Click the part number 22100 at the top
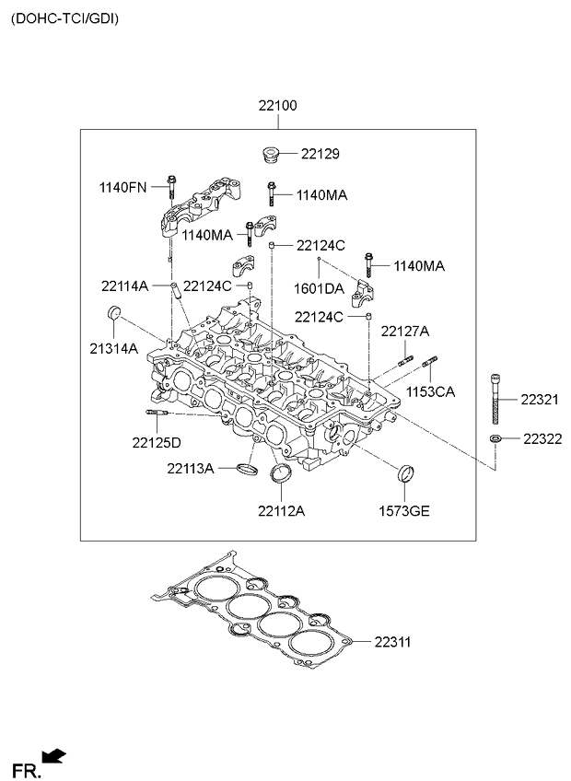pyautogui.click(x=277, y=106)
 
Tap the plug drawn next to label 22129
pyautogui.click(x=271, y=155)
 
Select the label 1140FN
pyautogui.click(x=123, y=187)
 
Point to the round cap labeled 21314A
pyautogui.click(x=114, y=313)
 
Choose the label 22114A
pyautogui.click(x=124, y=286)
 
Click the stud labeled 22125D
pyautogui.click(x=157, y=412)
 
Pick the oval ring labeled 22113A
pyautogui.click(x=247, y=469)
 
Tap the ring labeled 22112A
pyautogui.click(x=281, y=472)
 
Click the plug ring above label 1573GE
pyautogui.click(x=405, y=473)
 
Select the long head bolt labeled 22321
pyautogui.click(x=495, y=399)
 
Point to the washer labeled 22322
pyautogui.click(x=495, y=438)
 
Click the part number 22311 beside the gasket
pyautogui.click(x=392, y=642)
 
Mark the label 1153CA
pyautogui.click(x=430, y=392)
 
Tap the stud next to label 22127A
pyautogui.click(x=405, y=361)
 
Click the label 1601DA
pyautogui.click(x=319, y=289)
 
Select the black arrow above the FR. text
pyautogui.click(x=53, y=755)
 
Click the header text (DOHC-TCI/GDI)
pyautogui.click(x=64, y=19)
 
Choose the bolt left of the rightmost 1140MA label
pyautogui.click(x=368, y=265)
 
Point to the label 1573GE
pyautogui.click(x=404, y=511)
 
